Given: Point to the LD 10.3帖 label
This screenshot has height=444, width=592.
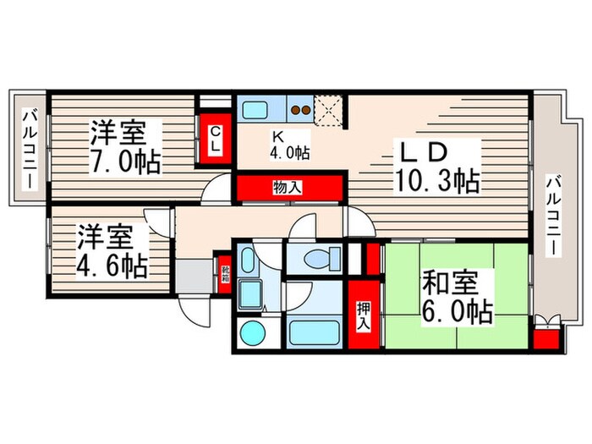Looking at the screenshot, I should coord(435,166).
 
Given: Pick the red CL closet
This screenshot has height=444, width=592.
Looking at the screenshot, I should coord(216,139).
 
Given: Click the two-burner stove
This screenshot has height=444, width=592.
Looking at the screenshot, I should coord(299,108).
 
